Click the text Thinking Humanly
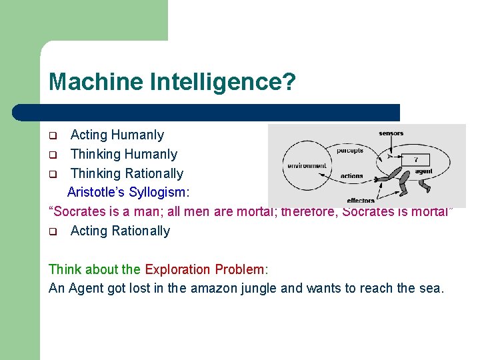pyautogui.click(x=124, y=154)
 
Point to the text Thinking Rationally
pyautogui.click(x=127, y=173)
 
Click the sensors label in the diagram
pyautogui.click(x=391, y=133)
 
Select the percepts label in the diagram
pyautogui.click(x=350, y=151)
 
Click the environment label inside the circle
pyautogui.click(x=307, y=165)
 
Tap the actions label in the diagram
pyautogui.click(x=351, y=176)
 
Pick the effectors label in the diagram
pyautogui.click(x=361, y=201)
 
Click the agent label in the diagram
pyautogui.click(x=424, y=171)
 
